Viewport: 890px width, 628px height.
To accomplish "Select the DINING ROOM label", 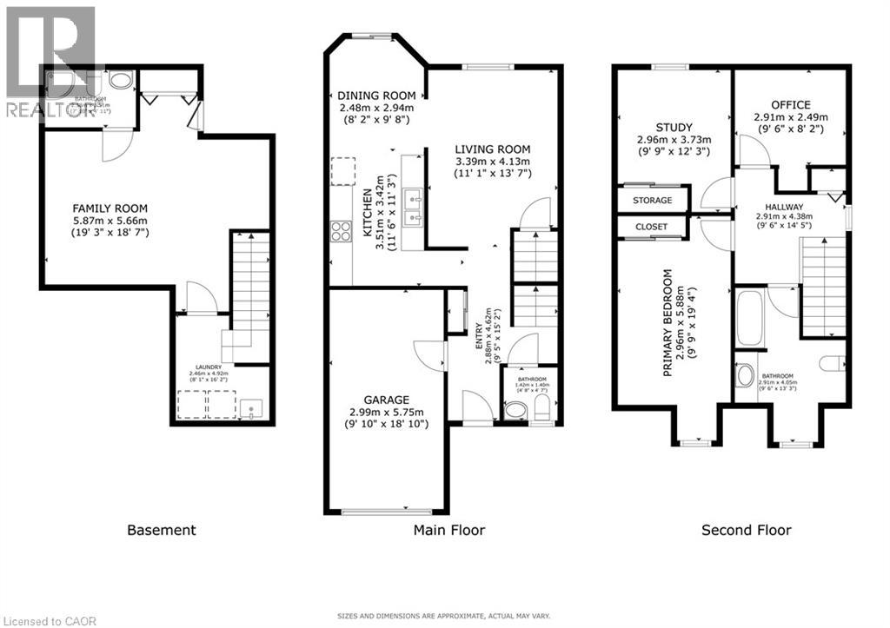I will pos(375,96).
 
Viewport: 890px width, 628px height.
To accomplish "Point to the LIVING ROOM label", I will pos(492,149).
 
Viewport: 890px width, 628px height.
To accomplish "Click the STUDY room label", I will pos(674,126).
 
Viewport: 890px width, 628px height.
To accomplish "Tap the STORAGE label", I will pos(651,200).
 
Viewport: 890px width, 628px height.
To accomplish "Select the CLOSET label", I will pos(651,227).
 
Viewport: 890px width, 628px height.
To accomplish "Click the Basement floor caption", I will pos(162,530).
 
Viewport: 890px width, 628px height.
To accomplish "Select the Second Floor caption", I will pos(747,530).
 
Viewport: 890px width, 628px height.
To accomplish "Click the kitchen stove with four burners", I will pos(340,231).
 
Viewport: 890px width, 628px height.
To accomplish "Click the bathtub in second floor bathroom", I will pos(748,319).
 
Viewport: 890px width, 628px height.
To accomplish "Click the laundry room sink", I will pos(250,406).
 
